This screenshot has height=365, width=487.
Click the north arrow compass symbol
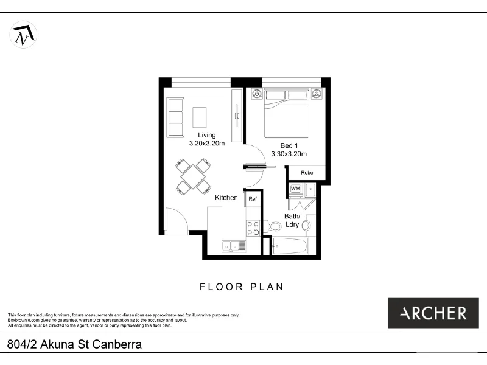tap(23, 34)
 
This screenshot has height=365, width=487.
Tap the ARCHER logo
tap(433, 313)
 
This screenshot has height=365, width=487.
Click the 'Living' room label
tap(206, 135)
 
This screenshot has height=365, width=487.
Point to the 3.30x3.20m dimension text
tap(289, 154)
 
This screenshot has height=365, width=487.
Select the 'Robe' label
tap(307, 173)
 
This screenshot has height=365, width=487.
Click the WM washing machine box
tap(295, 189)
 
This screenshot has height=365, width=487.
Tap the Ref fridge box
tap(253, 198)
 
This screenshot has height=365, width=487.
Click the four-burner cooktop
tap(253, 228)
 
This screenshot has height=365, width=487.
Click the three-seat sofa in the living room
tap(175, 117)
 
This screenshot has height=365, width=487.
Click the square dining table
tap(193, 176)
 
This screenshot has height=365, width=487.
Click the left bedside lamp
tap(256, 94)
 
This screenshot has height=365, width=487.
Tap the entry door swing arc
tap(177, 220)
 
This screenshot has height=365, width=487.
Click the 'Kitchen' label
tap(226, 198)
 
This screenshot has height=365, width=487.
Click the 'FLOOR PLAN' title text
tap(242, 287)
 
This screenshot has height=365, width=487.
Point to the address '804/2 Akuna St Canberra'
tap(75, 345)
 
